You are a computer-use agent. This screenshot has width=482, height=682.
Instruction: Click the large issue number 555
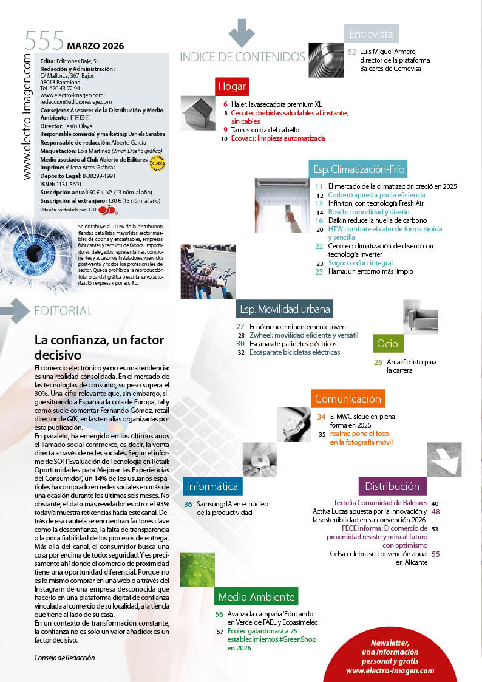click(x=44, y=41)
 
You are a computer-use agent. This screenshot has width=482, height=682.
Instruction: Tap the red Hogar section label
click(x=232, y=87)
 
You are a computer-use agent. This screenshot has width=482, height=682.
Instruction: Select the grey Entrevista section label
click(x=371, y=34)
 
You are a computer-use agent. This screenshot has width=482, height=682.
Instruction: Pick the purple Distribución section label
click(x=392, y=486)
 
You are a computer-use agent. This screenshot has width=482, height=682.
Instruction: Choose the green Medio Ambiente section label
click(x=256, y=596)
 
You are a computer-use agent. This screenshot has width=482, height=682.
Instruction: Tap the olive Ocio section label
click(x=387, y=344)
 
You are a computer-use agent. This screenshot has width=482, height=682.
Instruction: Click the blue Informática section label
click(x=212, y=486)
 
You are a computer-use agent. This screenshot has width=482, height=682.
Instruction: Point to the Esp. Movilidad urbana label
click(x=285, y=309)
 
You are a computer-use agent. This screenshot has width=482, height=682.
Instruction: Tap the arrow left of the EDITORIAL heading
click(x=15, y=311)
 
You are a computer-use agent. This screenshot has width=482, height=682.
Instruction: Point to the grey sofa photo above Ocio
click(x=420, y=316)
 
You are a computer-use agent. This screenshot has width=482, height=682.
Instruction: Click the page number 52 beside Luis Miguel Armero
click(x=352, y=52)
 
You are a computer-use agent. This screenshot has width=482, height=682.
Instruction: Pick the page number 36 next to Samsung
click(x=188, y=504)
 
